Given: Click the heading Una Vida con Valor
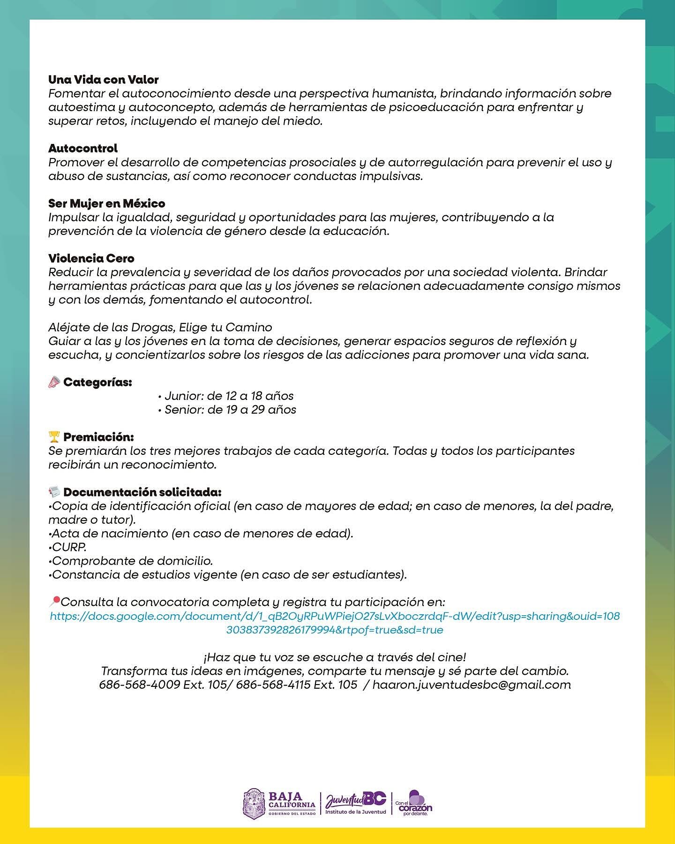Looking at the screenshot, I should coord(103,80).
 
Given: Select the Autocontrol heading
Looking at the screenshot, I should coord(83,149).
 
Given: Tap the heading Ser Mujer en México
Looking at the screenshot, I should coord(106,203).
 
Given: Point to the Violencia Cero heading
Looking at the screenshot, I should coord(91,258).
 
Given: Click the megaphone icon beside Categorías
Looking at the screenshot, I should coord(54,383).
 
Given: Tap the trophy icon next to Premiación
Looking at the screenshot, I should coord(54,437).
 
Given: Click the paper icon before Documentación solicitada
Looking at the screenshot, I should coord(54,492).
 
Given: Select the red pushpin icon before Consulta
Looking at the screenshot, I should coord(54,601).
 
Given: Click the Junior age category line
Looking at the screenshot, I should coord(226,396).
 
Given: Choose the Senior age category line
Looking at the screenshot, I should coord(227,410).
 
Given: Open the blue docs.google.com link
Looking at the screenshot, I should coord(335,623).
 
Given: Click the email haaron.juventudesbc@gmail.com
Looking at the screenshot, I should coord(472,685).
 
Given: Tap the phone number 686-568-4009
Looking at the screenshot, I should coord(140,685).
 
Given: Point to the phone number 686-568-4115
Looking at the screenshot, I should coord(273,685).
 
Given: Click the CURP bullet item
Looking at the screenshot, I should coord(67,547).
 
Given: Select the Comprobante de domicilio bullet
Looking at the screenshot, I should coord(131,561).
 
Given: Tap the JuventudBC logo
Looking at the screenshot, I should coord(356,803).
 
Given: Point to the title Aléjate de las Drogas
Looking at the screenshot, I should coord(160,327).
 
